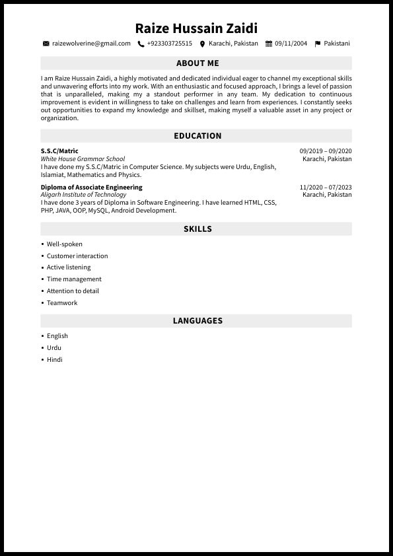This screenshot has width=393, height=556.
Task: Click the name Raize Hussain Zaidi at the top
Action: click(x=196, y=28)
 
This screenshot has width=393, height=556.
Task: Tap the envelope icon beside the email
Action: click(x=46, y=44)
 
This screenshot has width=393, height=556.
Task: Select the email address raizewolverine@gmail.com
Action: click(x=91, y=44)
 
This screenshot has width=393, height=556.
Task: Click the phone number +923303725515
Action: click(x=169, y=44)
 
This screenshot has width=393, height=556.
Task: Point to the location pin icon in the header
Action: click(x=202, y=44)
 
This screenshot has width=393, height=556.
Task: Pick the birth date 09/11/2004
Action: click(x=291, y=44)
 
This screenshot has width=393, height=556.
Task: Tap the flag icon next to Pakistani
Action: click(x=318, y=44)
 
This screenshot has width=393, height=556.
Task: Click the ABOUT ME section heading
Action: click(x=197, y=63)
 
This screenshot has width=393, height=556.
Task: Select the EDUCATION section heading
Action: click(x=197, y=136)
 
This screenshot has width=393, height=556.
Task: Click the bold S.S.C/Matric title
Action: click(x=59, y=151)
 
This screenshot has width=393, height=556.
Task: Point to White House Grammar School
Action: click(x=83, y=159)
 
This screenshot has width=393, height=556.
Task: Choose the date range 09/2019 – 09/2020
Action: click(x=326, y=151)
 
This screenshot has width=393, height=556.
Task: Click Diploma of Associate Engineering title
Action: click(x=91, y=188)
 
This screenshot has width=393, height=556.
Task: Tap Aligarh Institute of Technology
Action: click(x=83, y=195)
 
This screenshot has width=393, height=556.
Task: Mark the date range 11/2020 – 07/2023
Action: click(x=326, y=188)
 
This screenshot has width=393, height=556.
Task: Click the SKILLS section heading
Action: click(x=197, y=229)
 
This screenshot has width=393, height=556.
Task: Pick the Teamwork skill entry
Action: click(x=62, y=303)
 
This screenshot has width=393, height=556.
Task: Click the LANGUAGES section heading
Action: click(x=197, y=321)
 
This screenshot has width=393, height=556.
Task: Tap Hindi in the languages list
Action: click(x=55, y=360)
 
